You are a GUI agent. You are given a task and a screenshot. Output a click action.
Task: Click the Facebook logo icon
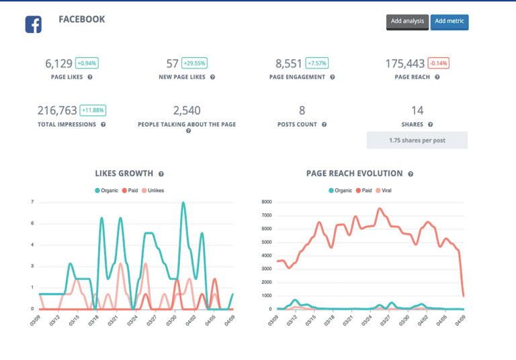pos(34,24)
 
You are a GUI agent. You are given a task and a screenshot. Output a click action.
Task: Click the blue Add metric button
pos(449,21)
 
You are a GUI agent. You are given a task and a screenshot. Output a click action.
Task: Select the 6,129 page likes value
pos(58,64)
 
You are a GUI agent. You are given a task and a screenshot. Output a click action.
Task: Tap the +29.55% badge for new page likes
pos(195,64)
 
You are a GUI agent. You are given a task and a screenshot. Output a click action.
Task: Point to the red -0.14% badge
pos(438,64)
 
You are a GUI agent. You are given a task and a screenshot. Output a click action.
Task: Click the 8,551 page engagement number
pos(289,64)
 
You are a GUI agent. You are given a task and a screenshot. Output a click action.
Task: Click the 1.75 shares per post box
pos(417,140)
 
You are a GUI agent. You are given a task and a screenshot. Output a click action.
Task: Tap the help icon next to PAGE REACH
pos(437,77)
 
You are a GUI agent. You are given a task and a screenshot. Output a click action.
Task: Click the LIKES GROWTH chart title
pos(124,173)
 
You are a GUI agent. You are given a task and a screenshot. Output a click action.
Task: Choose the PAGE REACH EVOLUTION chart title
pos(354,173)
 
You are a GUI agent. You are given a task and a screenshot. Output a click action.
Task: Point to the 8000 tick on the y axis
pos(265,202)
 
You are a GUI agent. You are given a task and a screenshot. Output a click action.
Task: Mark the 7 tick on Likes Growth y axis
pos(32,202)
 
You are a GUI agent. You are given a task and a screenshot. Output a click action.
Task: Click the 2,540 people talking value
pos(187,111)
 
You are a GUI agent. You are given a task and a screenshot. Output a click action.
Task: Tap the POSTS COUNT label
pos(298,124)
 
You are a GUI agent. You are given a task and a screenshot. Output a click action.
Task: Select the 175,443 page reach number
pos(405,64)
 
